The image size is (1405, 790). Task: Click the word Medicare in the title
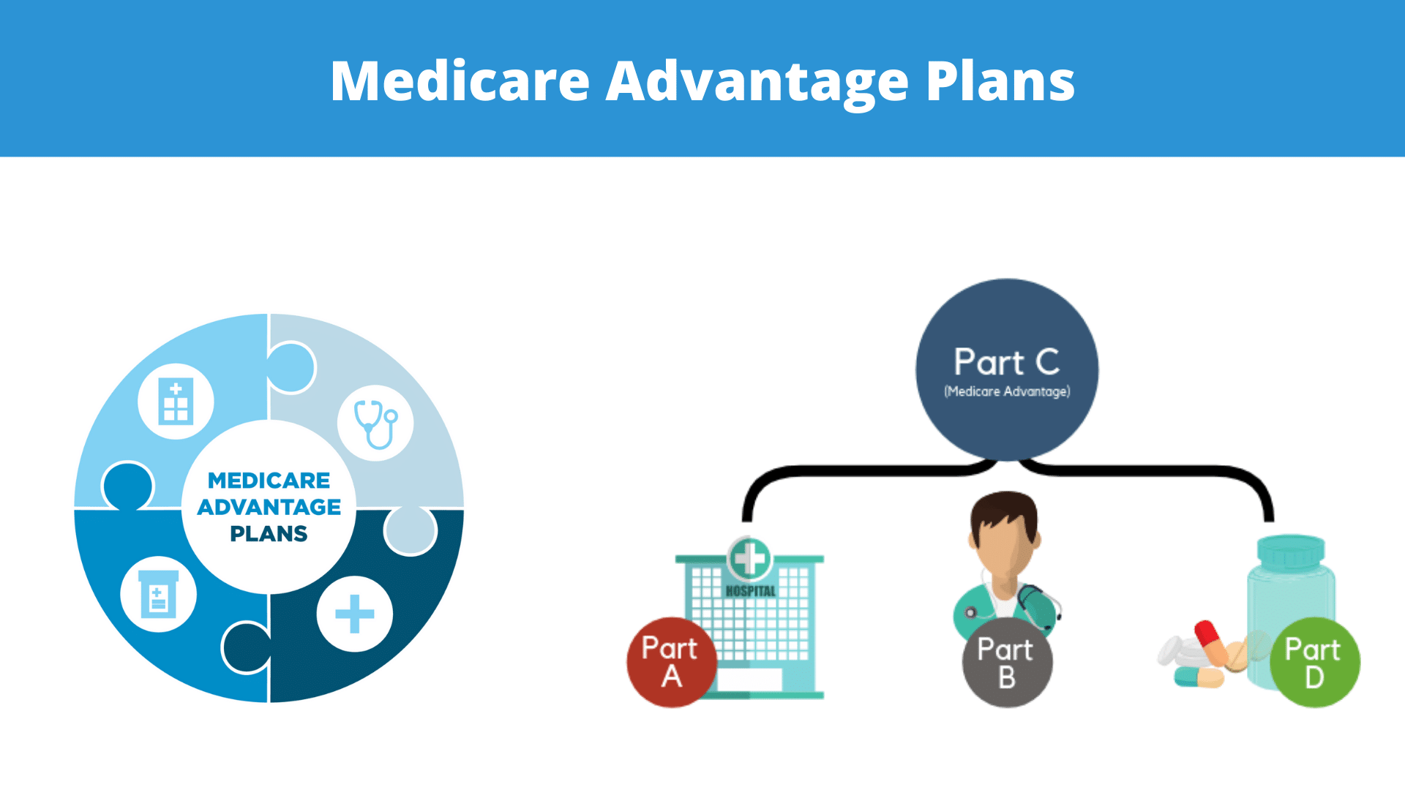(x=460, y=80)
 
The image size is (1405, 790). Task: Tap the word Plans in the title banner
(x=1000, y=80)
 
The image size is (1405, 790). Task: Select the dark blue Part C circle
(x=1007, y=370)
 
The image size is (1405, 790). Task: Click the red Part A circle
(x=672, y=663)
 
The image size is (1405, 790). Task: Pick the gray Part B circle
(x=1007, y=663)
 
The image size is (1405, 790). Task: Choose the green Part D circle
(x=1314, y=663)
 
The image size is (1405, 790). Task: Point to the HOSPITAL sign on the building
(x=750, y=591)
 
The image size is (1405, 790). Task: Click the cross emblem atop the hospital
(x=750, y=559)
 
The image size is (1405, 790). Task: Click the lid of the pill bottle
(x=1291, y=552)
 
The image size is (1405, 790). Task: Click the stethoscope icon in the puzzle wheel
(x=375, y=424)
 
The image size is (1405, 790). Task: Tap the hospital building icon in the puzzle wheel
(x=176, y=401)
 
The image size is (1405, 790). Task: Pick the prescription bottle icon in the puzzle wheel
(x=159, y=594)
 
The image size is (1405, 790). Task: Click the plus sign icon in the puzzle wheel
(x=355, y=614)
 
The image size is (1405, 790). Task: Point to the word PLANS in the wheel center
(x=269, y=534)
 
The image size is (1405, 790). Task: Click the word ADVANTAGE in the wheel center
(x=269, y=507)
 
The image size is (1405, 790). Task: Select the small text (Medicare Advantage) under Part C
(x=1007, y=391)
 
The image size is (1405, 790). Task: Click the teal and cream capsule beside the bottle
(x=1199, y=677)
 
